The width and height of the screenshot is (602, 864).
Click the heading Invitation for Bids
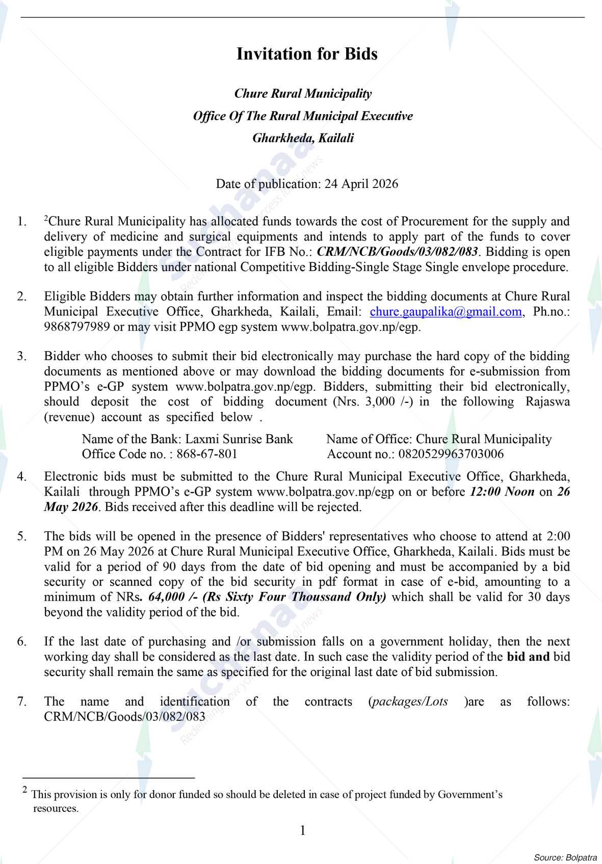[307, 54]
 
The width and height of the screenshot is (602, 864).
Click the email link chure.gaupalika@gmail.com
[446, 312]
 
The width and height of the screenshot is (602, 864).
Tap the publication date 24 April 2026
[361, 184]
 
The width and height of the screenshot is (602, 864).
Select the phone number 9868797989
[76, 327]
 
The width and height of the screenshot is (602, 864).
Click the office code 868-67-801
[206, 454]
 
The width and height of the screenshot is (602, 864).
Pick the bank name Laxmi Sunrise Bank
[239, 439]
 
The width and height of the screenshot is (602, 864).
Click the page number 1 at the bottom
[303, 831]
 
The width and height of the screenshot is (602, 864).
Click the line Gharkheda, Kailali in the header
[303, 138]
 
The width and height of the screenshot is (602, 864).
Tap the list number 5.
[21, 536]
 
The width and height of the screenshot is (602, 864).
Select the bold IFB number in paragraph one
[398, 252]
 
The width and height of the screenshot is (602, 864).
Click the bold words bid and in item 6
[528, 657]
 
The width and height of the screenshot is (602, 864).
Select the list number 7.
[21, 702]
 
